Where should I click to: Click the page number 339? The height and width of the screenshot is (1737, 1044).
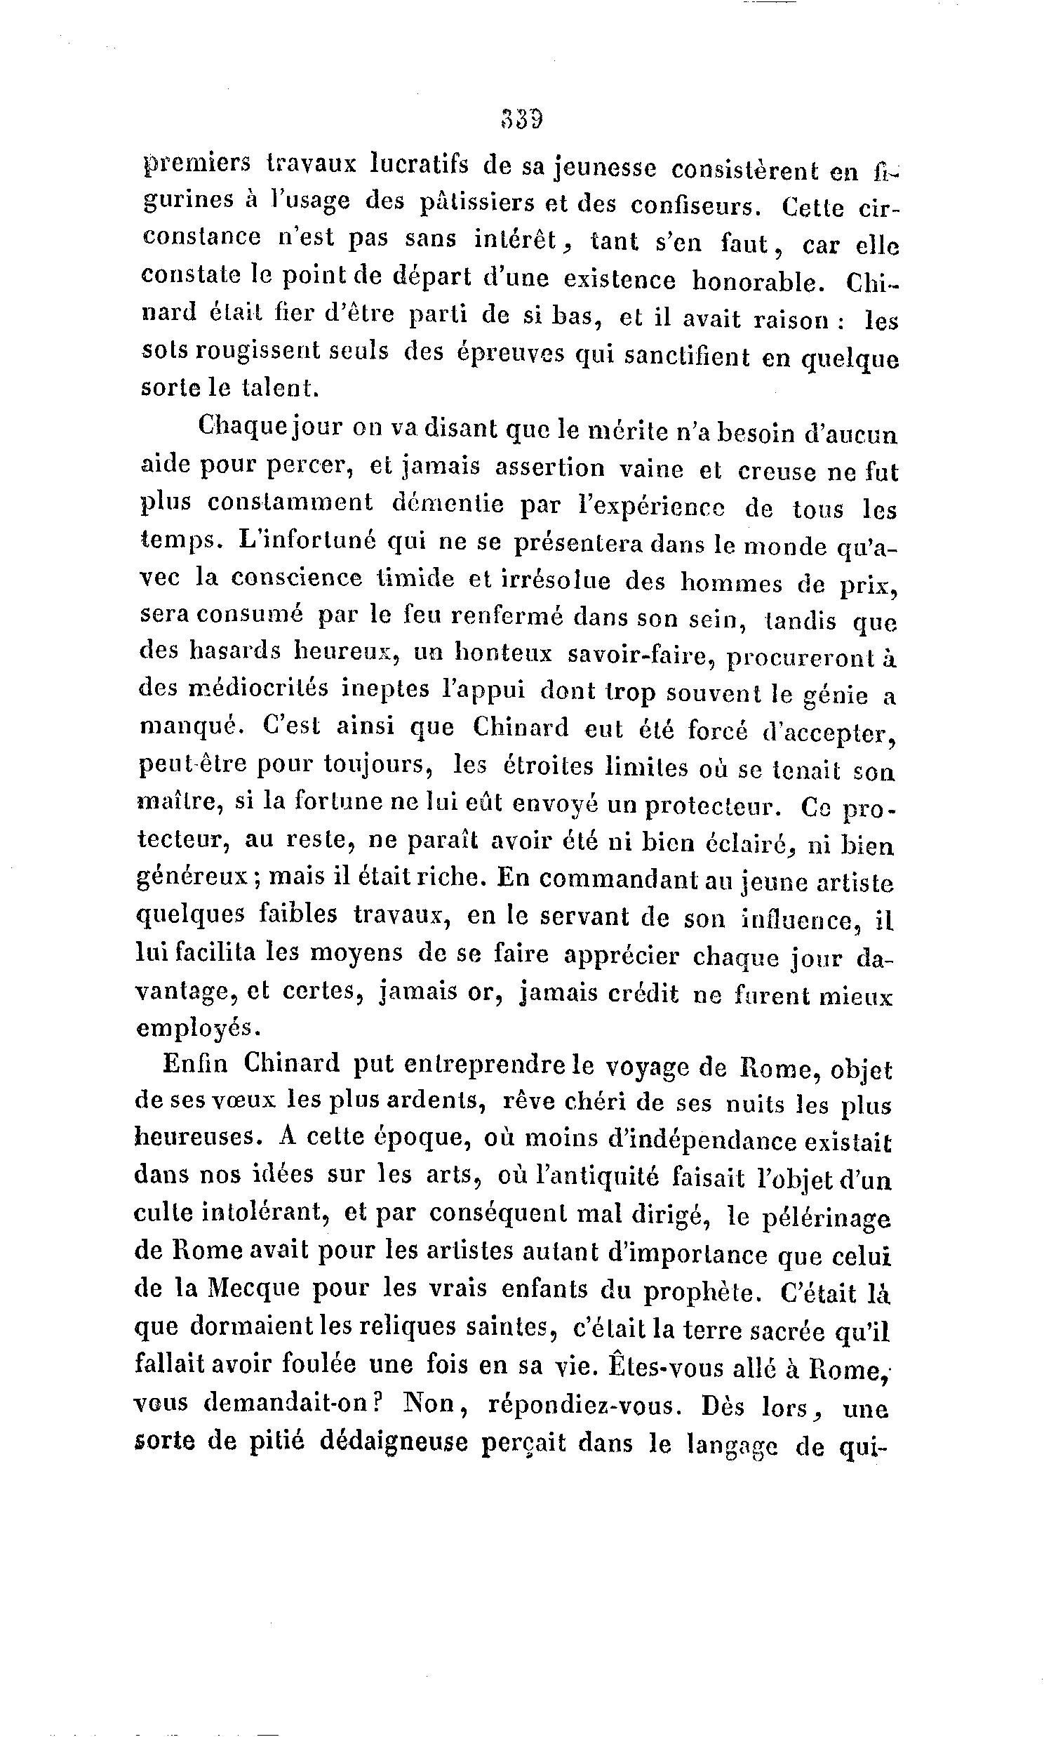coord(522,119)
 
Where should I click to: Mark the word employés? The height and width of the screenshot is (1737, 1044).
coord(197,1028)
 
